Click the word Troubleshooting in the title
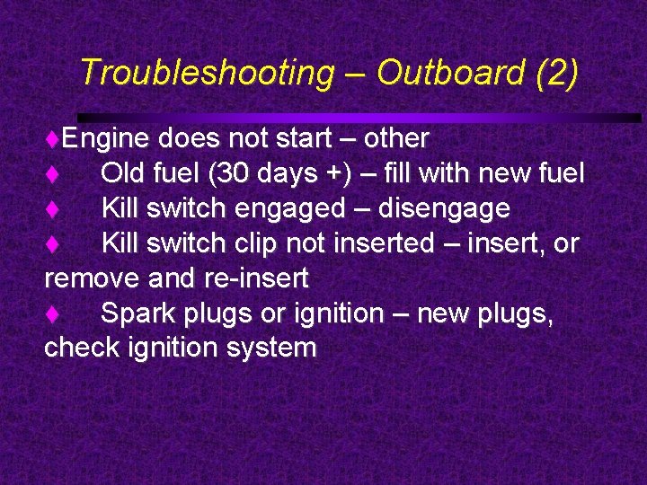coord(206,74)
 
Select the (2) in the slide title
coord(556,74)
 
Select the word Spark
coord(134,314)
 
